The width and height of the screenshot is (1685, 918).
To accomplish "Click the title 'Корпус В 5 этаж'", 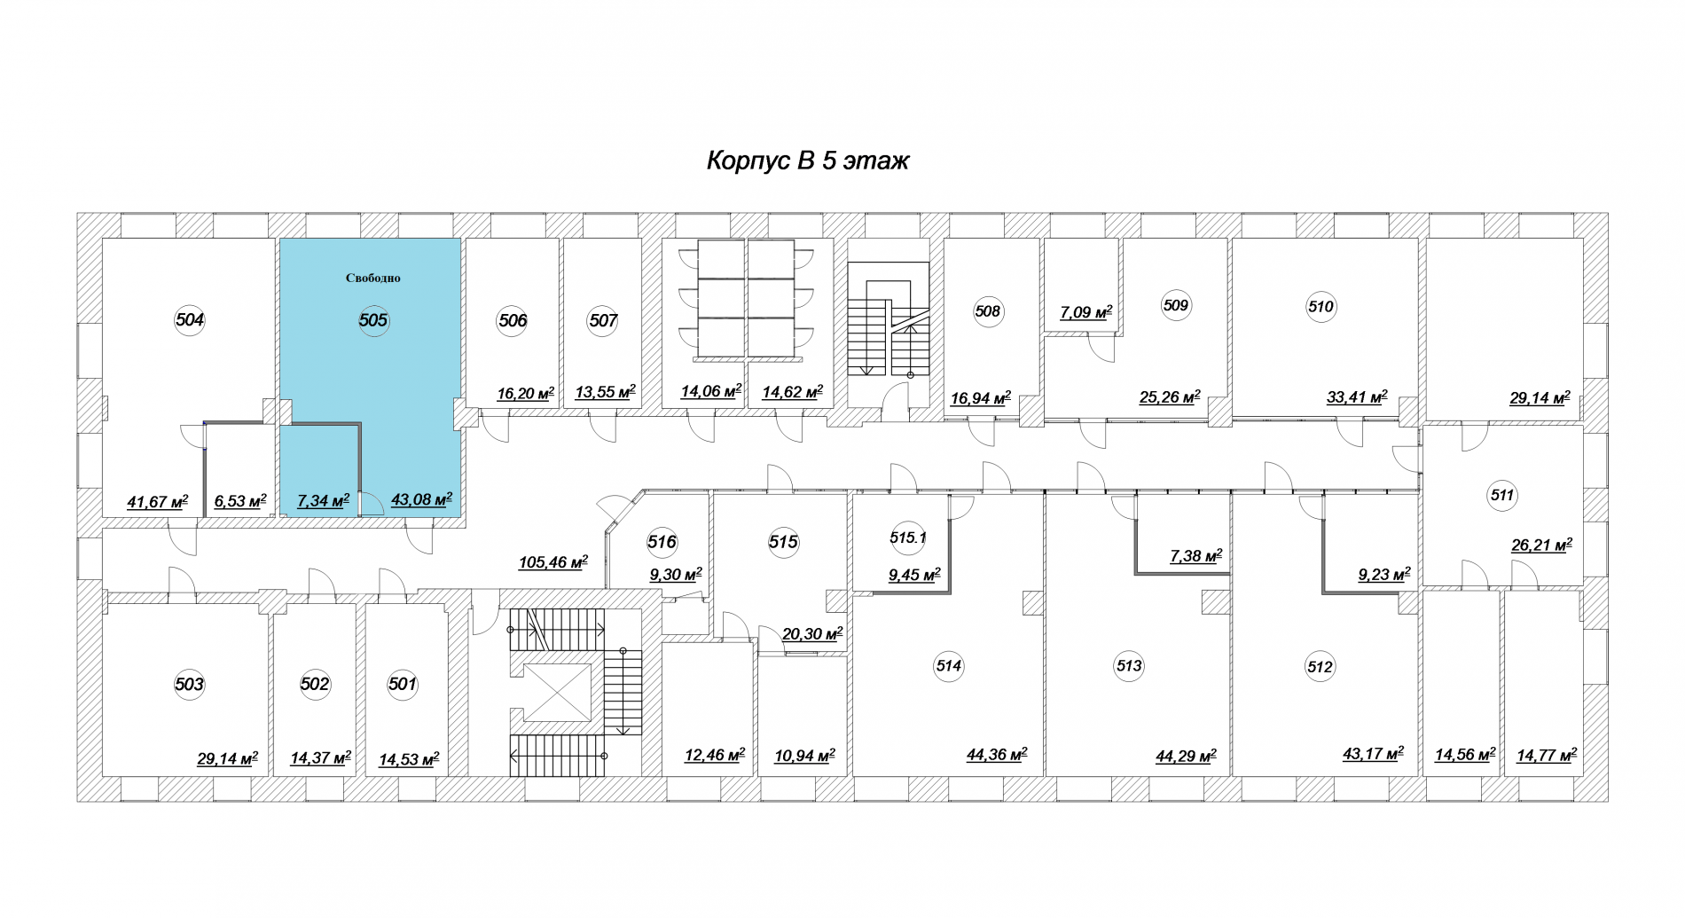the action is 807,161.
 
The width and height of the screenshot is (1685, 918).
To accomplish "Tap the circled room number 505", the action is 373,320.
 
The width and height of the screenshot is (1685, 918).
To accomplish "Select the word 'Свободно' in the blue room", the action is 373,279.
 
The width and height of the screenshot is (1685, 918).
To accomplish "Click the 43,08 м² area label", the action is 422,499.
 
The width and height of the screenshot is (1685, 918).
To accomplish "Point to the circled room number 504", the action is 190,320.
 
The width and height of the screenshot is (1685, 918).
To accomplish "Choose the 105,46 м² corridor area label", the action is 553,561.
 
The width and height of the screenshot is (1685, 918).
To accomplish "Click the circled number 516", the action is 662,542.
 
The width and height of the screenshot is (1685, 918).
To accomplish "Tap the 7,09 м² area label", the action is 1086,312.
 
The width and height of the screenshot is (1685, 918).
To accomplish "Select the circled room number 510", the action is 1321,307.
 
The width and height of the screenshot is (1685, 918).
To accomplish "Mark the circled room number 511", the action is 1502,496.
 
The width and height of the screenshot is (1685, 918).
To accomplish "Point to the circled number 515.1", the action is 907,537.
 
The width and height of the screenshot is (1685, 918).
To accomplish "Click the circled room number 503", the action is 189,684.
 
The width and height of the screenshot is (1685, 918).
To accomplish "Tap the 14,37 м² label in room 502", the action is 321,758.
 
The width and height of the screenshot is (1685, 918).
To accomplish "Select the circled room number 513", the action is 1129,666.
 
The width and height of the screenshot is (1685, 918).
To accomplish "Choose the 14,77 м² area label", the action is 1547,756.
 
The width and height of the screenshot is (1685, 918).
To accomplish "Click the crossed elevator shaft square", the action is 557,692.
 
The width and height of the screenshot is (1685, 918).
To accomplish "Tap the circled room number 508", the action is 987,311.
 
